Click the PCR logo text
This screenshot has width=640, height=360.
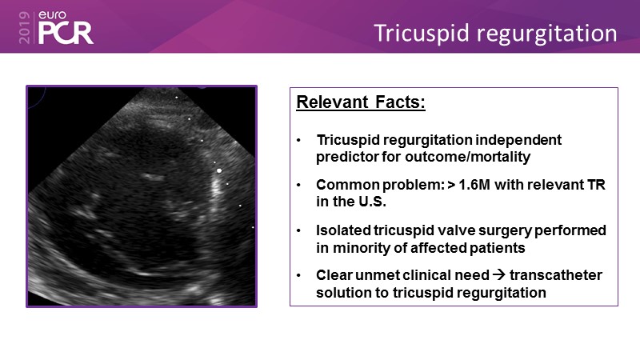(x=66, y=33)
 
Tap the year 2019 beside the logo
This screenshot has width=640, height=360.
(x=25, y=27)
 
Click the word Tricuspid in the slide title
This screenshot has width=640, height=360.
(x=422, y=34)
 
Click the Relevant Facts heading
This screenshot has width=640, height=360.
(x=361, y=102)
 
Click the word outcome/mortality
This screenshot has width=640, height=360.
(x=468, y=157)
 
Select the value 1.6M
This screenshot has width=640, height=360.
(x=474, y=185)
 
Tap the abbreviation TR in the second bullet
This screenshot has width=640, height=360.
(x=596, y=185)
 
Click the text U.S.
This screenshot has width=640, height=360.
(x=372, y=202)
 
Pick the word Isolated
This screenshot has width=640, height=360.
(x=343, y=230)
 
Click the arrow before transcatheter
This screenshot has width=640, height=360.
(x=498, y=274)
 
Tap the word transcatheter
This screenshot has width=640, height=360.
(x=555, y=275)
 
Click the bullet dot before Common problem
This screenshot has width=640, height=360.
(x=298, y=186)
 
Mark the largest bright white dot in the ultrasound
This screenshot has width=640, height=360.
(x=219, y=170)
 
